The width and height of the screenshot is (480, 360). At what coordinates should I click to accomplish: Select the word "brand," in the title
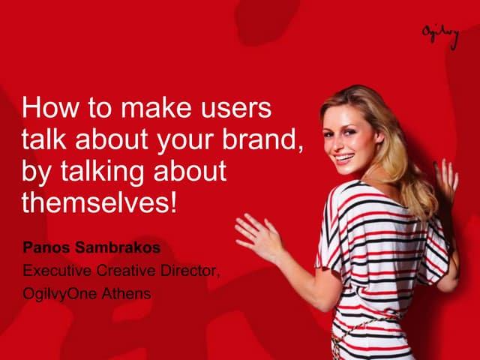click(268, 140)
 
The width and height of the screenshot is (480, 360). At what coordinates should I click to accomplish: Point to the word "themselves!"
click(99, 202)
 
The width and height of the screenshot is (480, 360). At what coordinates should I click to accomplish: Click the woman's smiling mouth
click(343, 159)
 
